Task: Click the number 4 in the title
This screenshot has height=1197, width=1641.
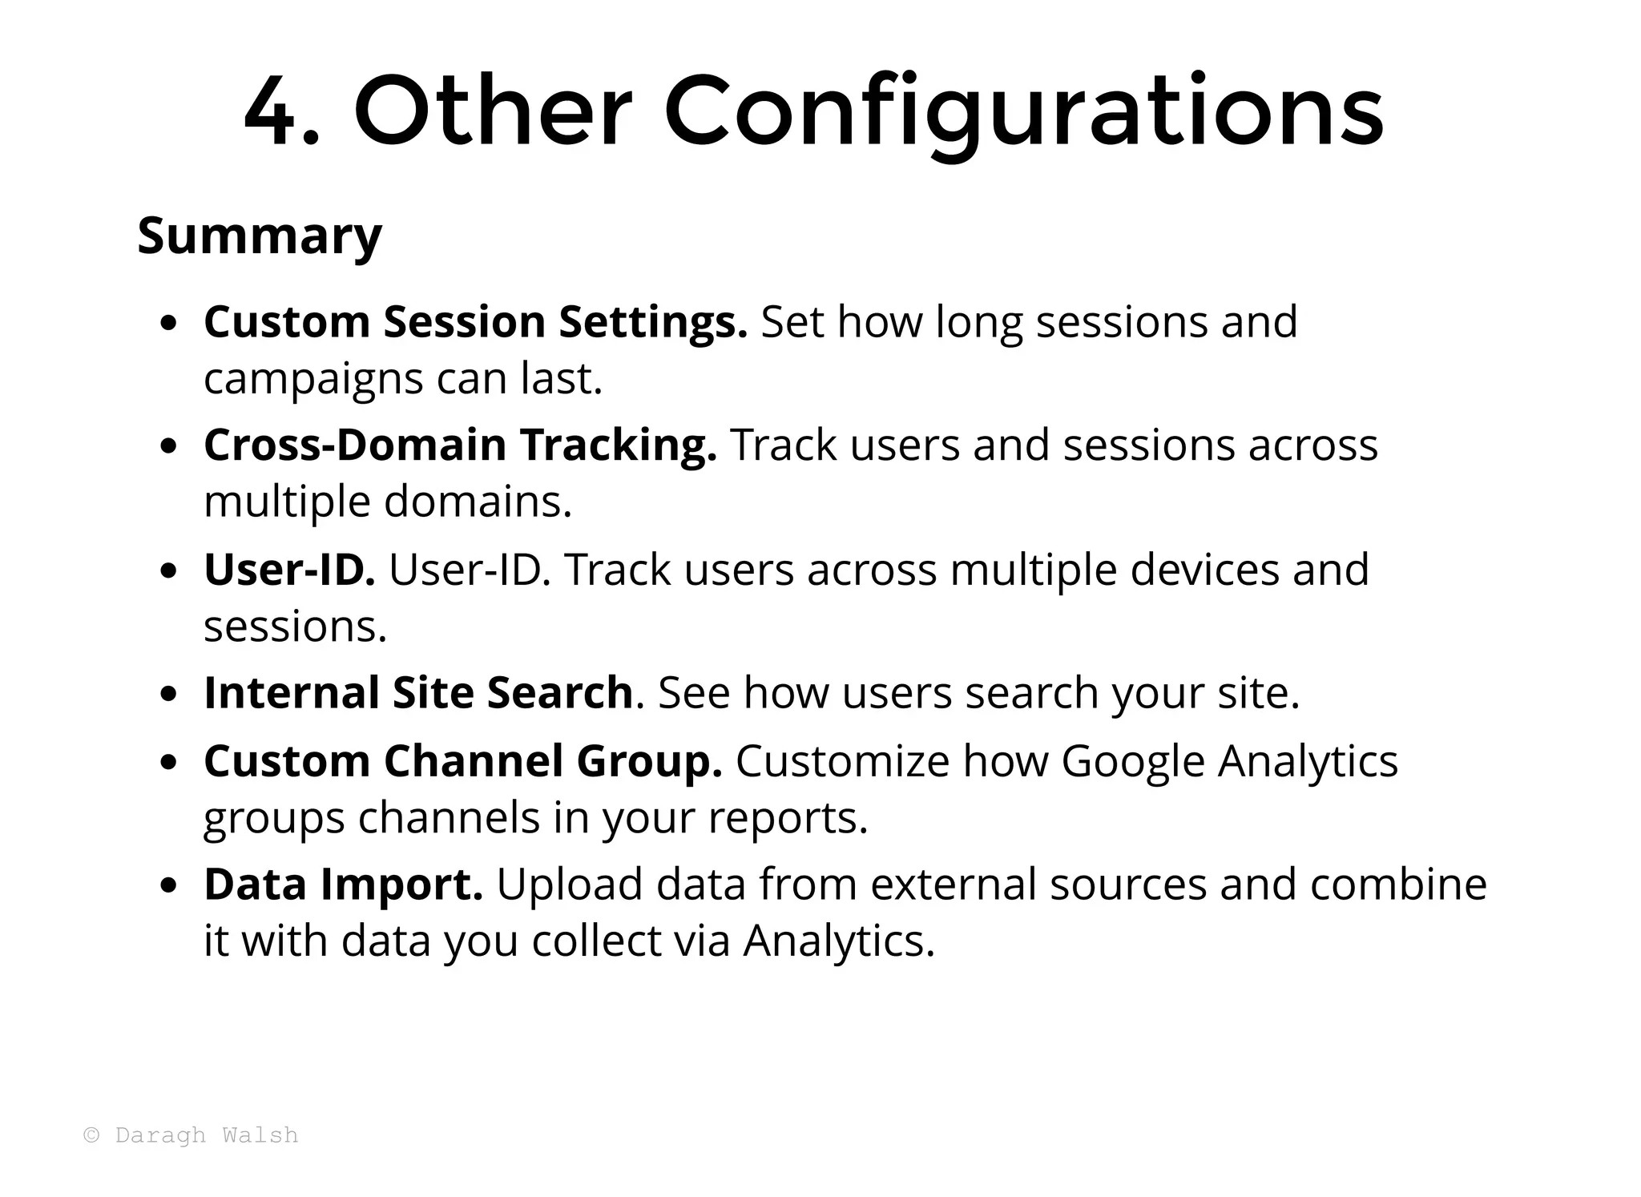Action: (x=271, y=112)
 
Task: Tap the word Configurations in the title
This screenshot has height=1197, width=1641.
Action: (x=1023, y=112)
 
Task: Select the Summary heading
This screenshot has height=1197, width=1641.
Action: (x=260, y=236)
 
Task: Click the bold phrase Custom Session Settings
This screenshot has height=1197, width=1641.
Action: (x=476, y=322)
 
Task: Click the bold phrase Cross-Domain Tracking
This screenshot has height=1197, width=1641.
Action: (x=461, y=445)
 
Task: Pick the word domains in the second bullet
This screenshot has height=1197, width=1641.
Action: (x=478, y=502)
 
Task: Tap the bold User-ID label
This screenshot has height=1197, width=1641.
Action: (x=289, y=570)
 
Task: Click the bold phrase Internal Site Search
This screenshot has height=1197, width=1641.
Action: (x=419, y=693)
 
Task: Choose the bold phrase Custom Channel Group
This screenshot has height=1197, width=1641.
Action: (x=463, y=761)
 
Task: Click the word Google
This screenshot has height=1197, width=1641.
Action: (x=1133, y=761)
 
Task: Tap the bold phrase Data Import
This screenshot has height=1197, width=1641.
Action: (x=344, y=885)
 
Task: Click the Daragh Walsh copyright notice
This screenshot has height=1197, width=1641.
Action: (x=192, y=1135)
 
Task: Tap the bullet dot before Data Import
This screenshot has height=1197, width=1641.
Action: (x=168, y=887)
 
